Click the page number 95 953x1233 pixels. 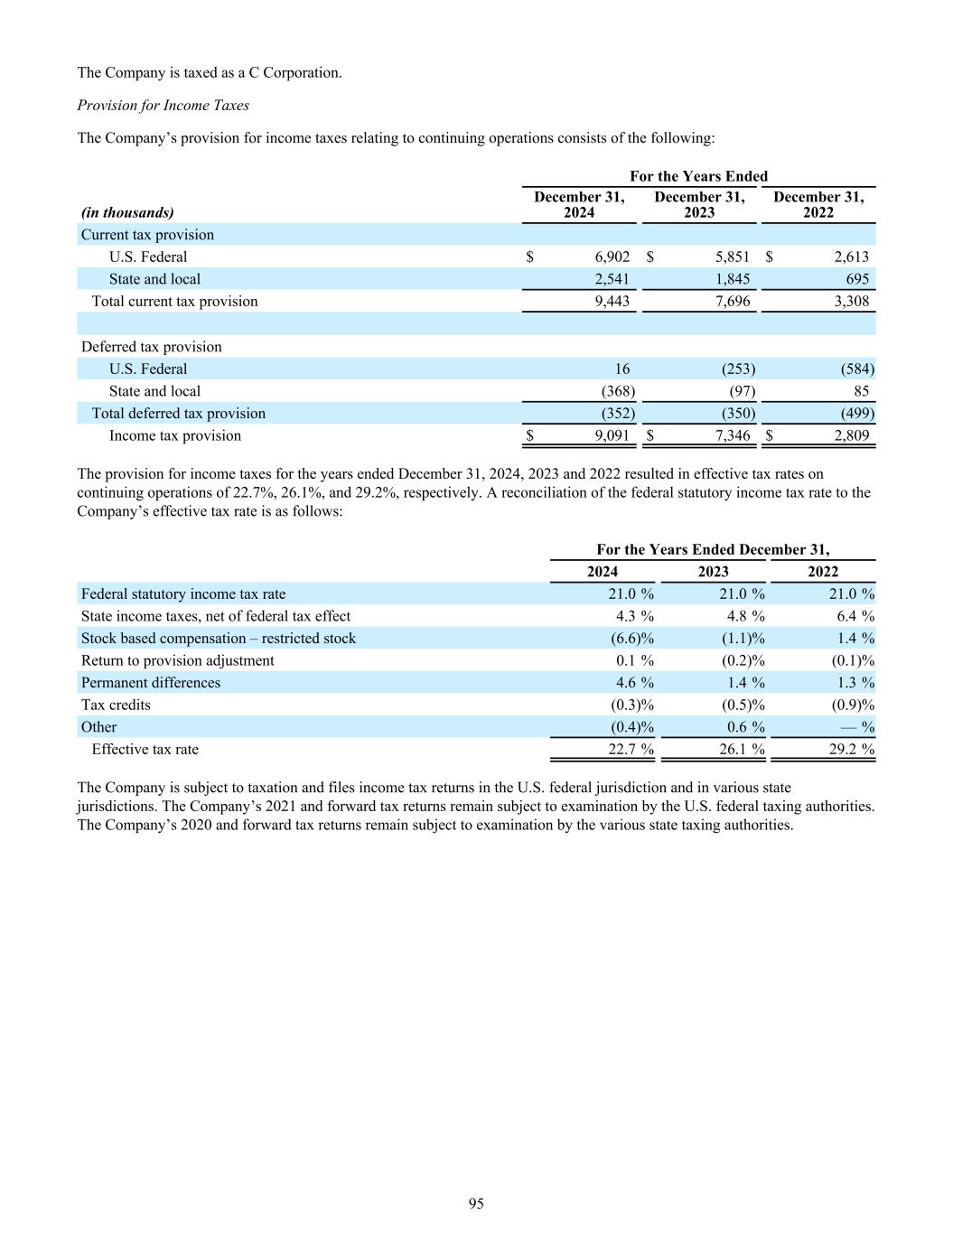pos(476,1203)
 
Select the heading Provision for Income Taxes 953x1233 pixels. pos(163,105)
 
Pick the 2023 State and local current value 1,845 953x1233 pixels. pos(732,279)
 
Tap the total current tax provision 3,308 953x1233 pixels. pos(850,301)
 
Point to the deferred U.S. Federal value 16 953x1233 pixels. pos(621,369)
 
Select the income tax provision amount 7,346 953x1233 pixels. pos(732,435)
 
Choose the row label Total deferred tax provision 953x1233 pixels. pos(178,413)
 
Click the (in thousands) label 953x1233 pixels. pos(127,212)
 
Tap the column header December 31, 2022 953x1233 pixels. pos(818,204)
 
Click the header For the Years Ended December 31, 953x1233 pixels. pos(713,549)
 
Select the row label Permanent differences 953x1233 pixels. pos(150,682)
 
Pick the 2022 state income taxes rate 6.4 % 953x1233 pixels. pos(855,615)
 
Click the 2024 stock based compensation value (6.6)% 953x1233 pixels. pos(632,638)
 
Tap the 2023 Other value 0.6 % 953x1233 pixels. pos(745,726)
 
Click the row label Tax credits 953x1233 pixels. pos(116,705)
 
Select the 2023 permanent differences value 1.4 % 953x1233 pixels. pos(745,682)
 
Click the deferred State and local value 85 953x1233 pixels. pos(861,391)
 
